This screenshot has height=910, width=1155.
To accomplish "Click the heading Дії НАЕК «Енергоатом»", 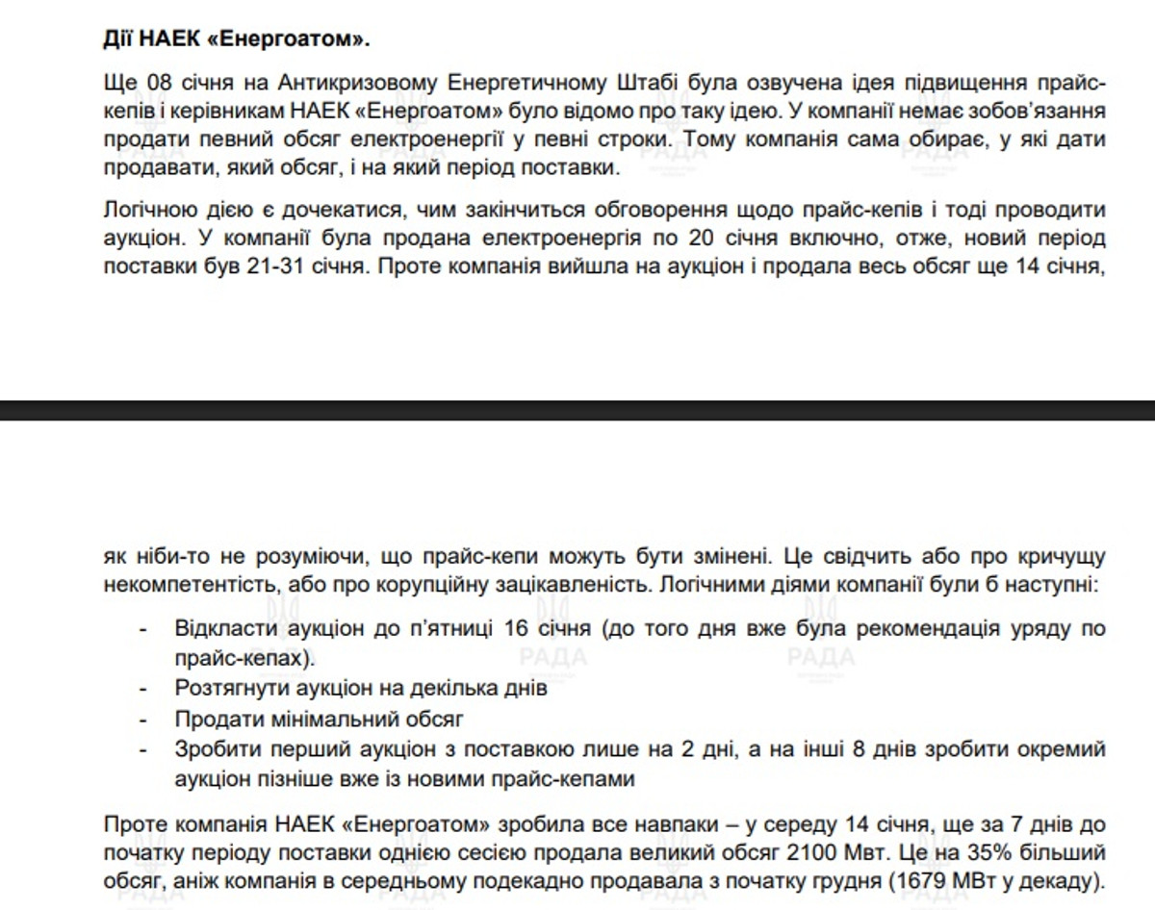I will (x=235, y=39).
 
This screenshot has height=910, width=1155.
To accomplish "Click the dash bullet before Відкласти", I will (x=143, y=630).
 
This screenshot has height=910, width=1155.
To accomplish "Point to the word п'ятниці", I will (x=451, y=630).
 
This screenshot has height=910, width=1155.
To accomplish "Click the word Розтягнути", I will (x=229, y=689).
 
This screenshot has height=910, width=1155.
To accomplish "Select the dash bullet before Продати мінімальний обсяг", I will (x=143, y=719).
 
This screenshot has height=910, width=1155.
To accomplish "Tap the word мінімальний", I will (x=330, y=719).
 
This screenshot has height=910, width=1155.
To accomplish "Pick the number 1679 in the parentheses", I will (x=903, y=880).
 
